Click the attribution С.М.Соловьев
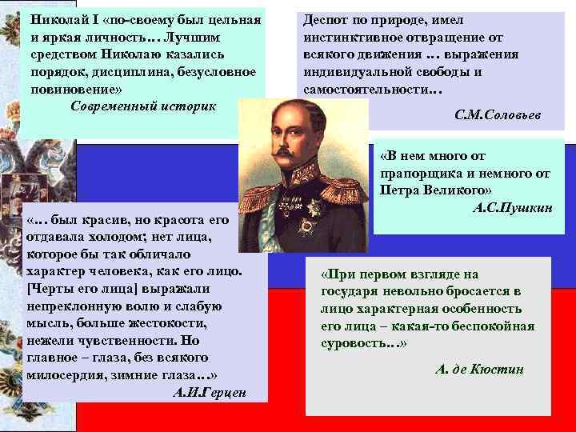coord(497,115)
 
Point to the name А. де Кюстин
coord(479,369)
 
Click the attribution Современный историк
coord(143,105)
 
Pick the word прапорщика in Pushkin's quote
coord(418,171)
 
